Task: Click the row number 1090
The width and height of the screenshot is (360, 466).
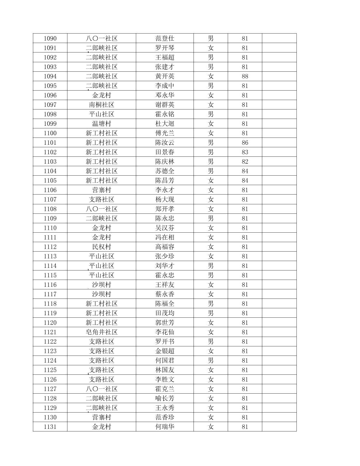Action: click(x=50, y=38)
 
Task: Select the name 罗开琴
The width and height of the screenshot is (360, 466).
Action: click(x=165, y=48)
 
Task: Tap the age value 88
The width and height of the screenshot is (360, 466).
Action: click(x=245, y=76)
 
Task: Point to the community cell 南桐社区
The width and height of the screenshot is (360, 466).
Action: click(x=102, y=105)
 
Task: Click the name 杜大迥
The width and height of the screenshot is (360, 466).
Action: click(x=165, y=124)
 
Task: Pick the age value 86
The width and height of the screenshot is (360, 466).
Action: click(x=245, y=142)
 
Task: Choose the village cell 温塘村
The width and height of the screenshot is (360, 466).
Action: click(x=102, y=124)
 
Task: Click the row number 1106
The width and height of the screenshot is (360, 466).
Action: click(x=50, y=190)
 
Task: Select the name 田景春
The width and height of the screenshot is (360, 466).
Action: click(x=165, y=152)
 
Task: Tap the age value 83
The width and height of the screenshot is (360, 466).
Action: click(x=245, y=152)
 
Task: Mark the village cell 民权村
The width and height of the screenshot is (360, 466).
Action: click(x=102, y=247)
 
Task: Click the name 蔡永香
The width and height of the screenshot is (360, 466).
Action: click(x=165, y=294)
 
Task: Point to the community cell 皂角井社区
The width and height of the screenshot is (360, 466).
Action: click(x=102, y=332)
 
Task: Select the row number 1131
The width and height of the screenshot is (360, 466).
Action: click(x=50, y=427)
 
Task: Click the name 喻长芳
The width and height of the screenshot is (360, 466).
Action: click(x=165, y=398)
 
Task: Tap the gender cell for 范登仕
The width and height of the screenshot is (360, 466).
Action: click(x=211, y=38)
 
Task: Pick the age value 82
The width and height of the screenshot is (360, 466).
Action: click(x=245, y=161)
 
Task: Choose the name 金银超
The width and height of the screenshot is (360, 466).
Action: click(x=165, y=351)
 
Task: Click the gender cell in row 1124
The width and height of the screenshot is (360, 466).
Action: click(x=211, y=360)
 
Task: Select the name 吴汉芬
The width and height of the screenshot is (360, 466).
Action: click(x=165, y=228)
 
